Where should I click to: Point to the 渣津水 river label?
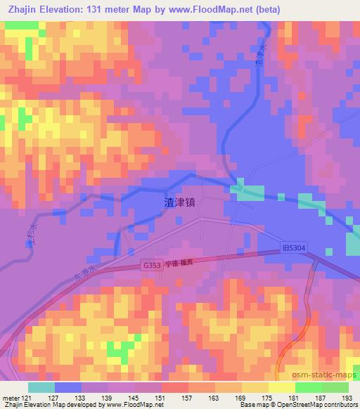click(259, 53)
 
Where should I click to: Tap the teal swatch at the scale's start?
click(41, 387)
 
